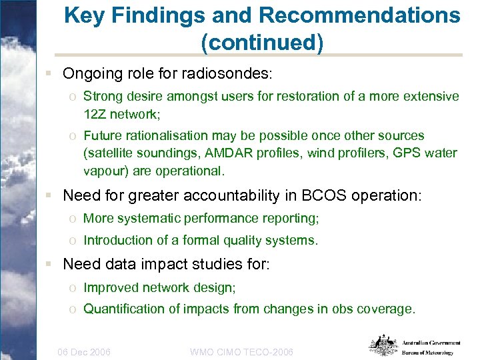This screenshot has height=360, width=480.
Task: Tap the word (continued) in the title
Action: click(262, 43)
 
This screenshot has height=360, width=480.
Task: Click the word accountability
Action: click(229, 195)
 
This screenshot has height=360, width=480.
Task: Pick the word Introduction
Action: click(115, 240)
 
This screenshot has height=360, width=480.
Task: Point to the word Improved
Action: click(107, 287)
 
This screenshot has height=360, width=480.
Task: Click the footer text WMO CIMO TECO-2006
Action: click(242, 351)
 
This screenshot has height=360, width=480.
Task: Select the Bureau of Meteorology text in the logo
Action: click(427, 353)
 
